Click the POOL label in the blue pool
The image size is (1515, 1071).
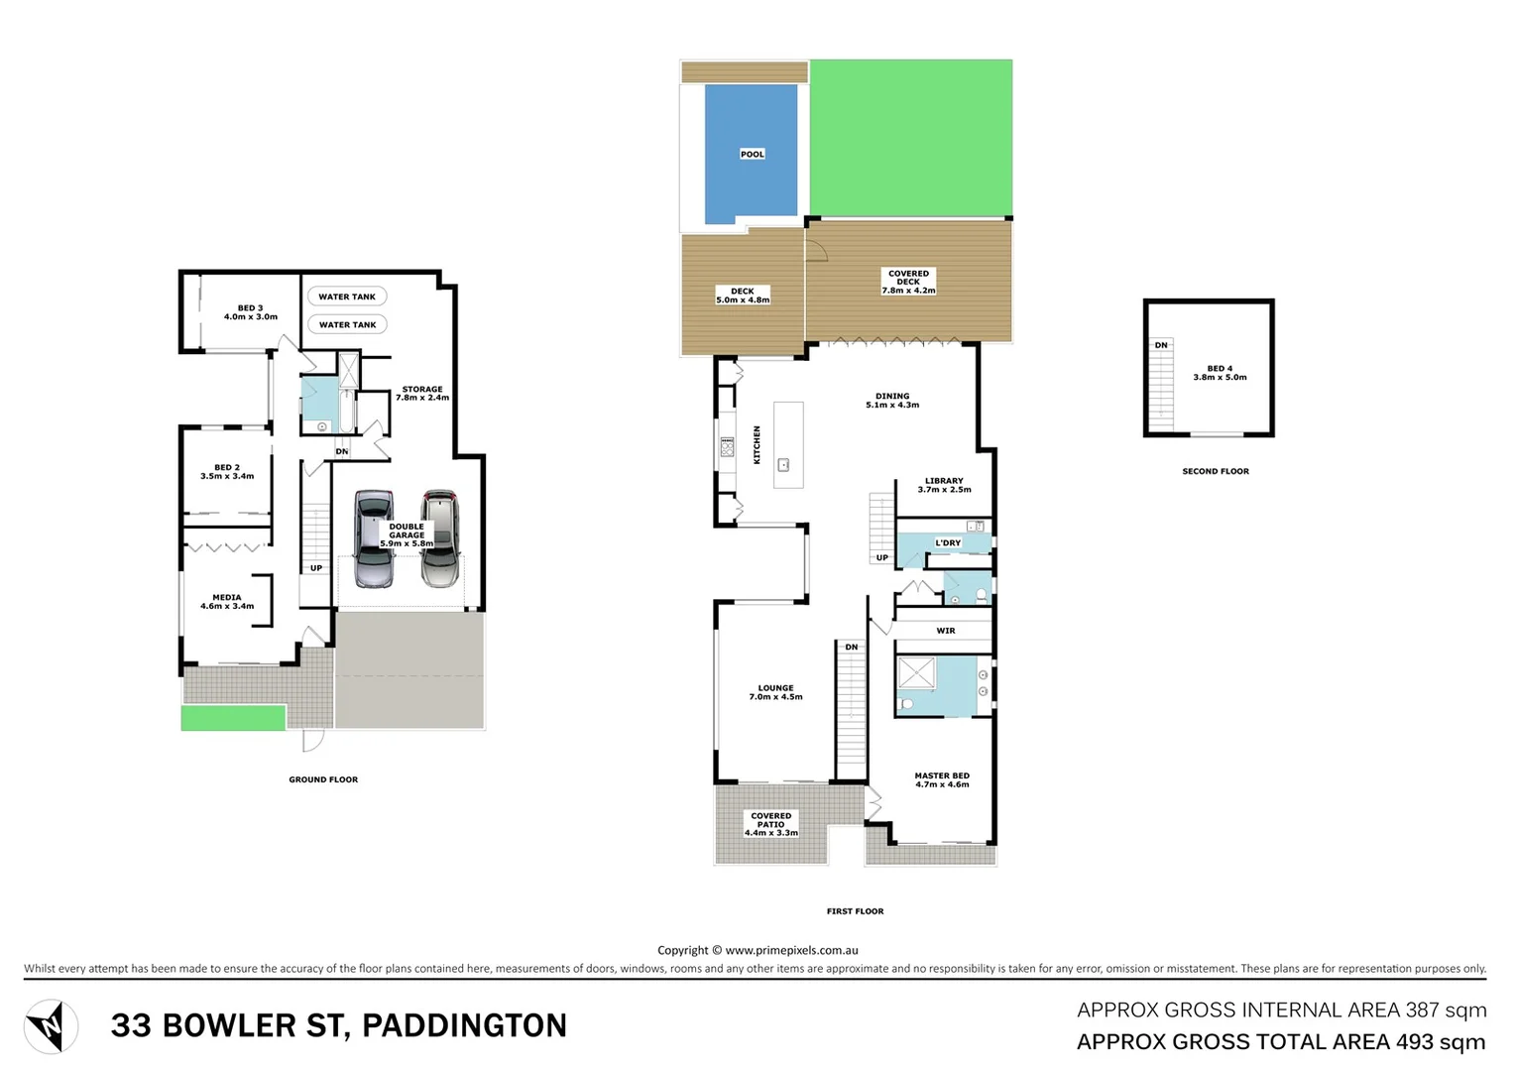(752, 154)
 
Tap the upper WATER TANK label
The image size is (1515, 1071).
(347, 297)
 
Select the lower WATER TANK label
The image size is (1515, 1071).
(347, 324)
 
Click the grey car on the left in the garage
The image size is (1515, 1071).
(374, 540)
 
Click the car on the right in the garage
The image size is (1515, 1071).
(440, 540)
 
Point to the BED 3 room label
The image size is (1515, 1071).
(251, 312)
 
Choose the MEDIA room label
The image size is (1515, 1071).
(227, 602)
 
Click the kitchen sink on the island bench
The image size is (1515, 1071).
(783, 464)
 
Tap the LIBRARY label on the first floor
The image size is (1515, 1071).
(944, 485)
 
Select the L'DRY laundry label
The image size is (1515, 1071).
(948, 543)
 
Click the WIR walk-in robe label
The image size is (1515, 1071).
(946, 631)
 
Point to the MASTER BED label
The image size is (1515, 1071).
(942, 780)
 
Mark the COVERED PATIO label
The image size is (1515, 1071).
(771, 824)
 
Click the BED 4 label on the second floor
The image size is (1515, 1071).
(1220, 373)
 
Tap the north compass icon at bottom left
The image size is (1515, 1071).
(51, 1026)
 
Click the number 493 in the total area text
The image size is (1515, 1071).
(1414, 1042)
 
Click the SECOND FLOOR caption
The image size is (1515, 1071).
(1216, 471)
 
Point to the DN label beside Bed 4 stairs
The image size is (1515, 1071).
(1160, 345)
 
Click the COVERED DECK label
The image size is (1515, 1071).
(908, 282)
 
